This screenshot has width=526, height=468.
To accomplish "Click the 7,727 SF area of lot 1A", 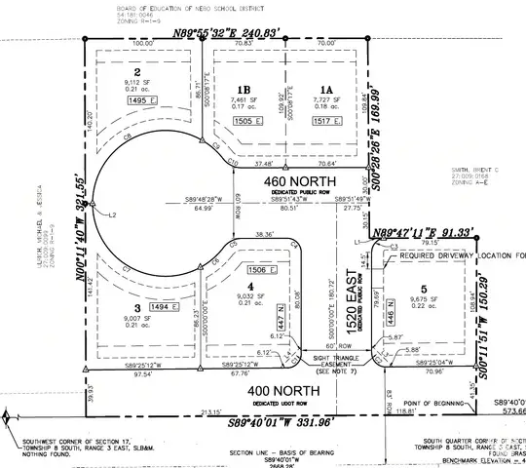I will [320, 99].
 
